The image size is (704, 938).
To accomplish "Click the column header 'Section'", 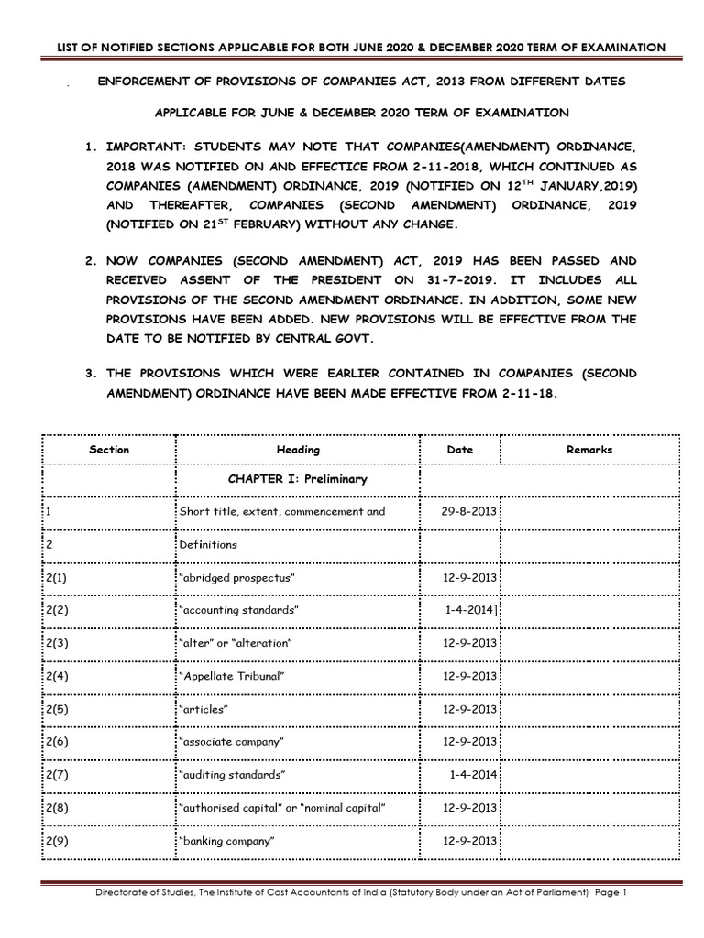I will [109, 450].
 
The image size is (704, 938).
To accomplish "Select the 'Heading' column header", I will [298, 450].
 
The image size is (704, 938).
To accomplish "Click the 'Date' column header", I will [459, 450].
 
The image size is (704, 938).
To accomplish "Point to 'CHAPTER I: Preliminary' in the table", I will [297, 479].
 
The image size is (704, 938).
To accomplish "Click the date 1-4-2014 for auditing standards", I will [473, 775].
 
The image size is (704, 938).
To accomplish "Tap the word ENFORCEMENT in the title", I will [142, 82].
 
